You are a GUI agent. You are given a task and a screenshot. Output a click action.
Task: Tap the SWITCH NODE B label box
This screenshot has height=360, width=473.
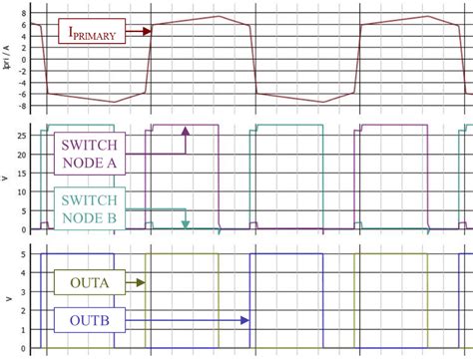(x=89, y=209)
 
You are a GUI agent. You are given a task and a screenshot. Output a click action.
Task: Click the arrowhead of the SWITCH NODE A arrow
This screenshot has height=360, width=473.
(x=186, y=132)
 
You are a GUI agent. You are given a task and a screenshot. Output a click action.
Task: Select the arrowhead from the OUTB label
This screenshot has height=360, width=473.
(x=244, y=320)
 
